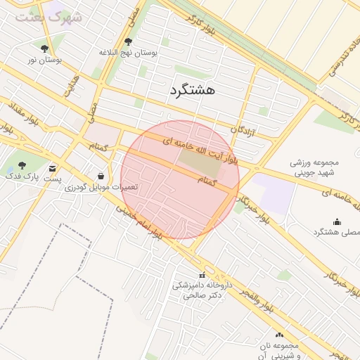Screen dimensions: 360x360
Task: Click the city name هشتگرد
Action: (x=192, y=90)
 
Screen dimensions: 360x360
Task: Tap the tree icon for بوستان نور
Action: (x=45, y=49)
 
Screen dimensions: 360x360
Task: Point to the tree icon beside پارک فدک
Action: (x=22, y=165)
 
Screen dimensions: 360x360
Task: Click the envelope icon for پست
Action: (x=53, y=168)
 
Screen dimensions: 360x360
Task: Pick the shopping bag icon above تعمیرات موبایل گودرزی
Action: (x=101, y=176)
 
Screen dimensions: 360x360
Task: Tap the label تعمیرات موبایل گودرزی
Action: (x=101, y=188)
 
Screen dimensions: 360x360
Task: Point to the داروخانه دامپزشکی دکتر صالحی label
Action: (x=202, y=290)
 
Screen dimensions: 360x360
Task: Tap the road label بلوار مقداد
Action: (x=22, y=116)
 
